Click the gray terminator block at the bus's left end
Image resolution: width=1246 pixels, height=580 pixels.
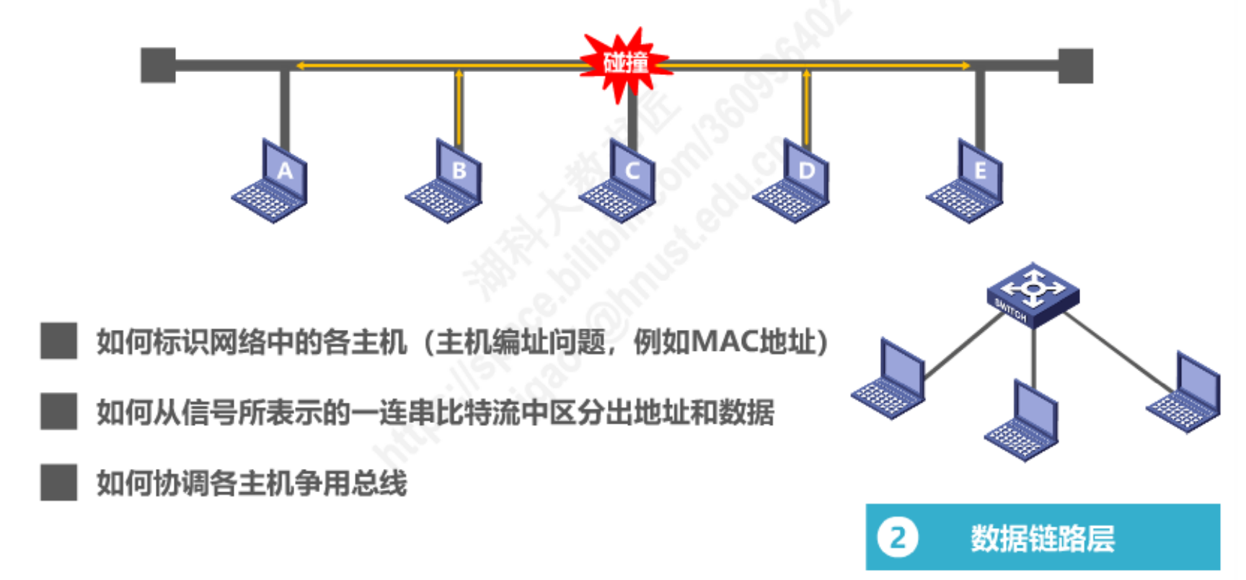coord(158,66)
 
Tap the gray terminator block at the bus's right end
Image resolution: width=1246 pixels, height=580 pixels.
coord(1076,66)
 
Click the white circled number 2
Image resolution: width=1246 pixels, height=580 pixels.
coord(897,537)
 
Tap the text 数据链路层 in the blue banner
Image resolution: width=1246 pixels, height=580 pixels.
coord(1042,538)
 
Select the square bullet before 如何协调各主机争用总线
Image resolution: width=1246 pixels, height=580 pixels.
coord(58,482)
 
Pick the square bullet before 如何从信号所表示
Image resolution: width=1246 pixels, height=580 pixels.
coord(58,411)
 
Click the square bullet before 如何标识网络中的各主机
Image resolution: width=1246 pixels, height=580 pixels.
coord(58,341)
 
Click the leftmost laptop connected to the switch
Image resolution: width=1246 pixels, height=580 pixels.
coord(890,380)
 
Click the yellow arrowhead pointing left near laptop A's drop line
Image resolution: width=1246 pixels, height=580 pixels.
coord(299,66)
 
